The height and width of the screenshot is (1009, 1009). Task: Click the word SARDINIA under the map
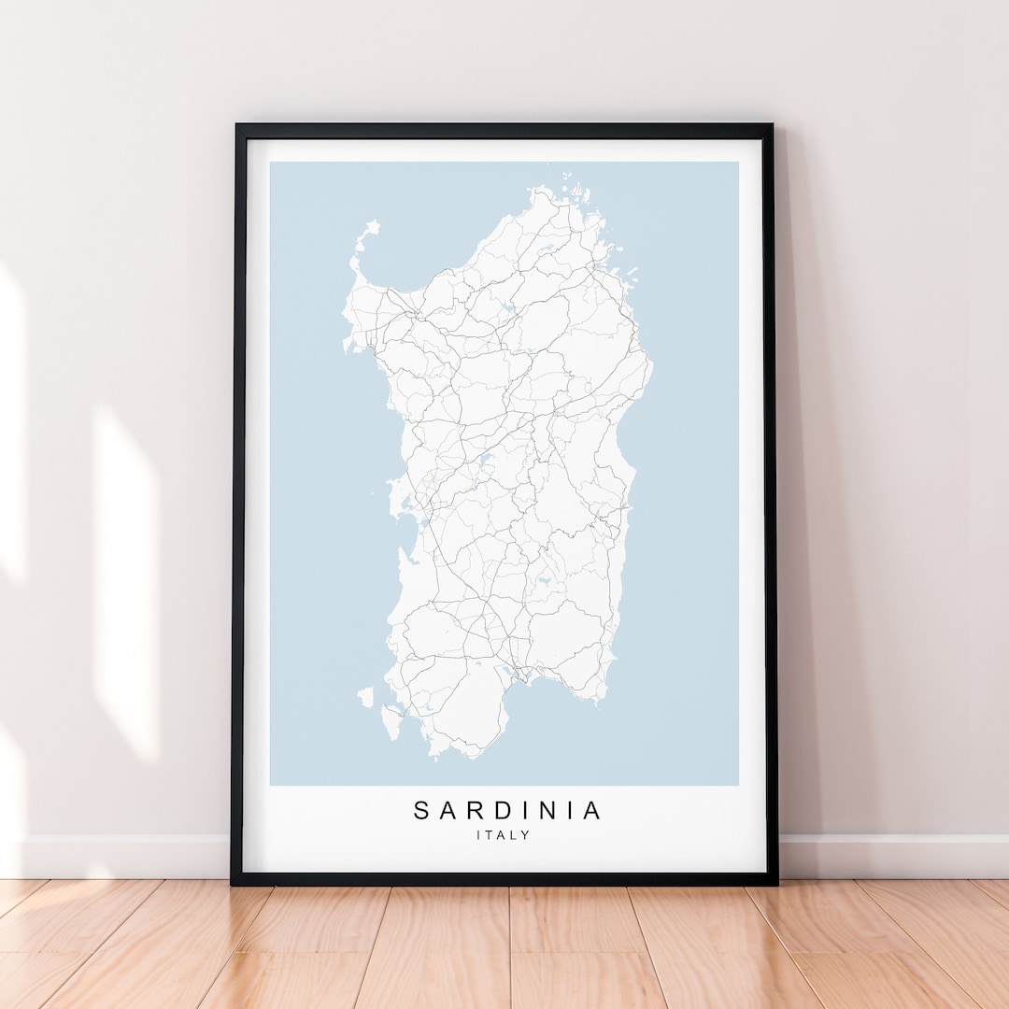508,811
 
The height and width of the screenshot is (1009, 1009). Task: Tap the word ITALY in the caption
503,835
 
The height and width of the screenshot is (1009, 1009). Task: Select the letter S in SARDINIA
422,811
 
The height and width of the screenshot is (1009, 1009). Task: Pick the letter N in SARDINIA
547,811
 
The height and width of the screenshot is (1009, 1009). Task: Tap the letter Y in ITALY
526,835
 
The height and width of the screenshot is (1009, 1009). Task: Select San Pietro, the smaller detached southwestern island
365,696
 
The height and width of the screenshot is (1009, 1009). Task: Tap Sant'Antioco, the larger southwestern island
391,722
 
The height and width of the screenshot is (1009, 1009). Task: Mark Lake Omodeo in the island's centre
485,459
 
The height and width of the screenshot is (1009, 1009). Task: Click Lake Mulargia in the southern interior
539,579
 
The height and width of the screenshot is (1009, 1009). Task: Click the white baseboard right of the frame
888,856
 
